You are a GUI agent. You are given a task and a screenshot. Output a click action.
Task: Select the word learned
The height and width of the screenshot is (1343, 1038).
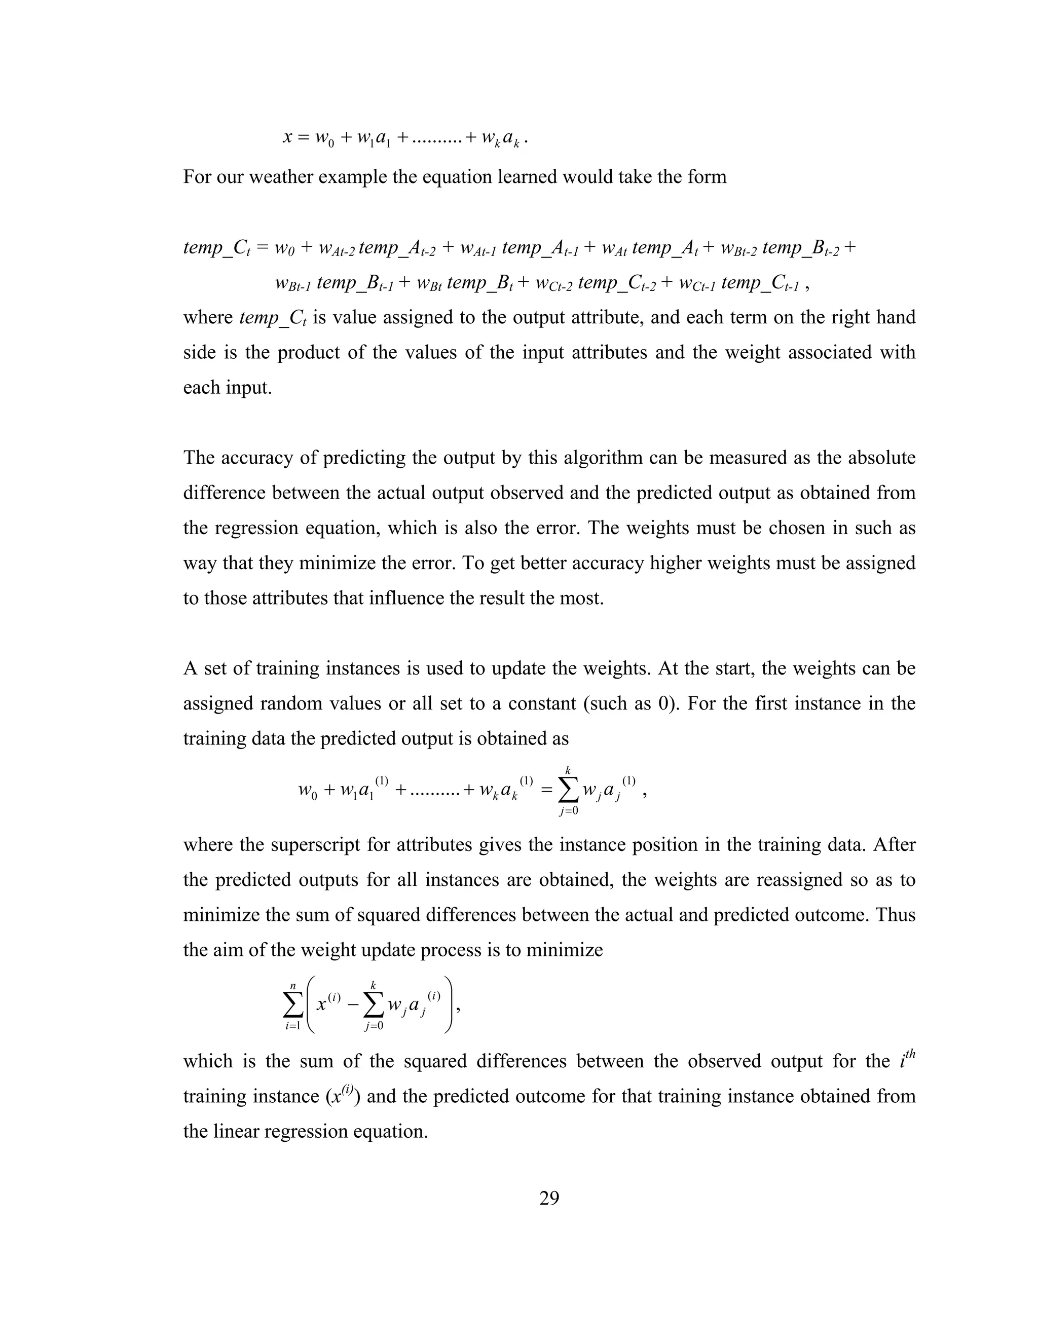[x=525, y=177]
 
